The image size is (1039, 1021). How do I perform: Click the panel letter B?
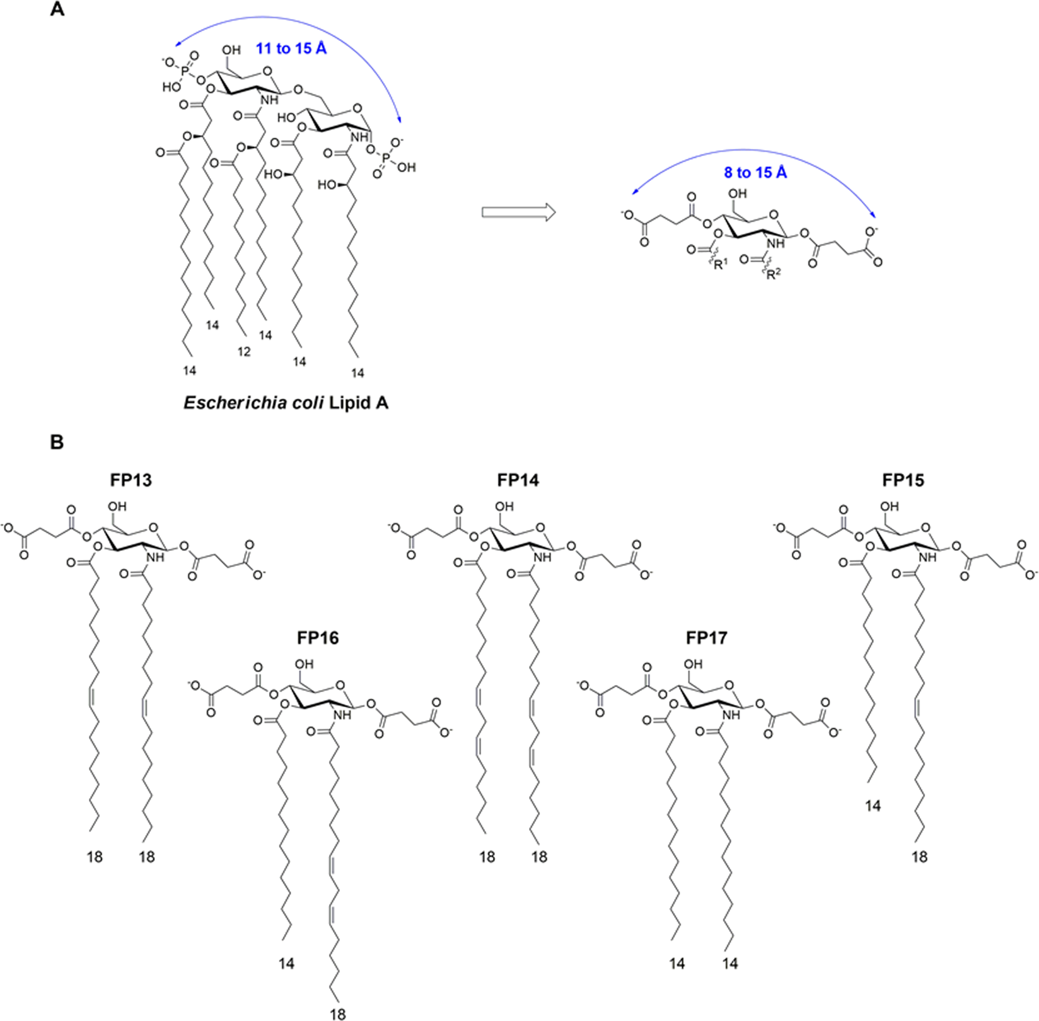57,442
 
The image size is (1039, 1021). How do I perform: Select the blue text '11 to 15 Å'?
291,48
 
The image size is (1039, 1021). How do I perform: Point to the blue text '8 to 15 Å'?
755,172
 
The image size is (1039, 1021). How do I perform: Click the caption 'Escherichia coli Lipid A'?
286,403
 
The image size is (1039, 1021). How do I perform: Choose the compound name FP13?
131,480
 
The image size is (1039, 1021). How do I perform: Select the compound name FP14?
518,480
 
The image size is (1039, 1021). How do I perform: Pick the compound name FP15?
903,480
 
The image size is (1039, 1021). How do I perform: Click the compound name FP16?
318,638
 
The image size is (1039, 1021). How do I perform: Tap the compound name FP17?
707,638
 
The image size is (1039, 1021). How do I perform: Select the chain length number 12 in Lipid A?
244,352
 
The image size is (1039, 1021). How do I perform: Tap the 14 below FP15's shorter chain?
873,805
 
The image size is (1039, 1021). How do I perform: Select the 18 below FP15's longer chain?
920,857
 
